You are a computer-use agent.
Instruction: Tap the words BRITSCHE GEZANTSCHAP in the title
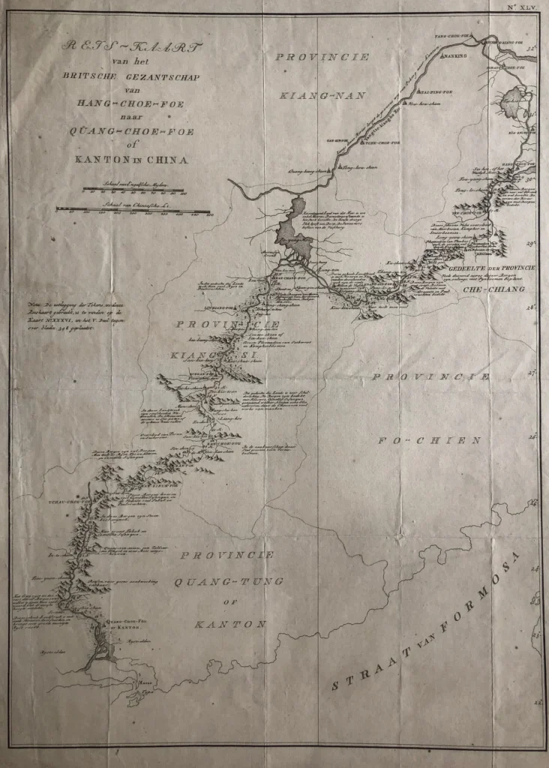(x=136, y=77)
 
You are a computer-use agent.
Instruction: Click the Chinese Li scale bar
(x=134, y=209)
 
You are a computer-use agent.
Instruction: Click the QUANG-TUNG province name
(x=224, y=581)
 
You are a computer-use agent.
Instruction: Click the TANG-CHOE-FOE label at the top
(x=451, y=35)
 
